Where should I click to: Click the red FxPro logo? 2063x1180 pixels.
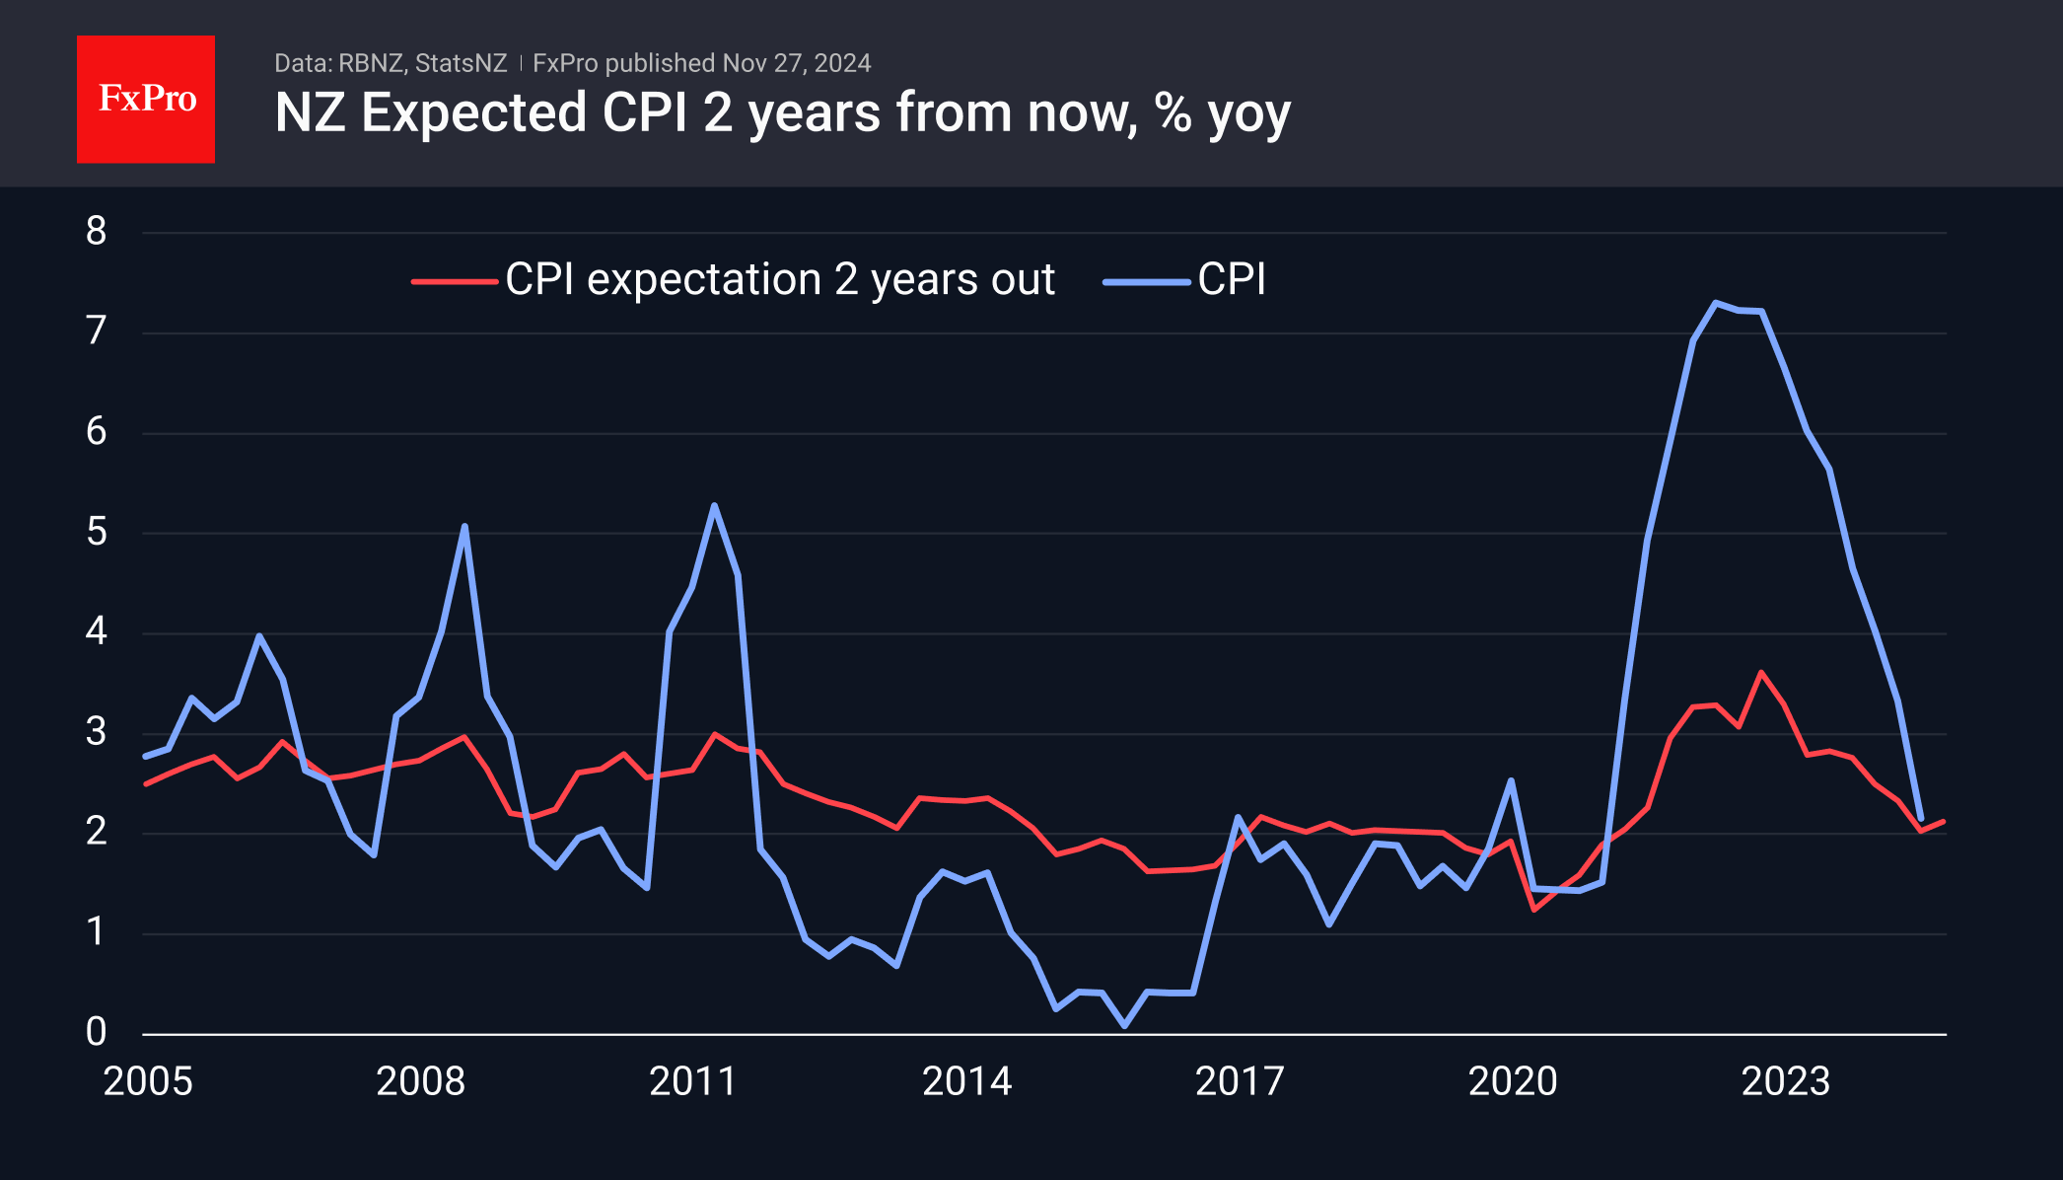(x=146, y=99)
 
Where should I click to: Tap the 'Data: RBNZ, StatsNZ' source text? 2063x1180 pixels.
(x=390, y=63)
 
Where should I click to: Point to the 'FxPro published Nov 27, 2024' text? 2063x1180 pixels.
(x=701, y=63)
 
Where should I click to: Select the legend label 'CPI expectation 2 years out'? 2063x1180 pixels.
(x=779, y=280)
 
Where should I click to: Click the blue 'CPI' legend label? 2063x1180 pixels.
(x=1231, y=280)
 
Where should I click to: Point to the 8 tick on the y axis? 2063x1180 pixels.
(x=96, y=232)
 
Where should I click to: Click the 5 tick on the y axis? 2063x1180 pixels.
(x=96, y=533)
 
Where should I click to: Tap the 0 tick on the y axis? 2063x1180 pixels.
(x=96, y=1032)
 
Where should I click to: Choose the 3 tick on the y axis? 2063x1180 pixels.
(x=96, y=732)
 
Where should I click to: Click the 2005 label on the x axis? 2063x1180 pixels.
(x=148, y=1081)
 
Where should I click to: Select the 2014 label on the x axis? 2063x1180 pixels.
(x=966, y=1081)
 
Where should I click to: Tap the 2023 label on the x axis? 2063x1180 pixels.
(x=1785, y=1081)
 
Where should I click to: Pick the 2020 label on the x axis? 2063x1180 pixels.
(x=1513, y=1081)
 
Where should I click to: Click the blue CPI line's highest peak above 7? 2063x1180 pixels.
(x=1716, y=303)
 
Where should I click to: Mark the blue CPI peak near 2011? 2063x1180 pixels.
(x=714, y=506)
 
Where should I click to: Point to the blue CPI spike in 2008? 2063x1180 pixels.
(x=464, y=526)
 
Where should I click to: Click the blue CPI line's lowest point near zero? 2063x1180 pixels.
(x=1124, y=1026)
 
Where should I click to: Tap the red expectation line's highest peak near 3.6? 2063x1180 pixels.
(x=1761, y=673)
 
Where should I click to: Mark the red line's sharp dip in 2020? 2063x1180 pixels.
(x=1534, y=909)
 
